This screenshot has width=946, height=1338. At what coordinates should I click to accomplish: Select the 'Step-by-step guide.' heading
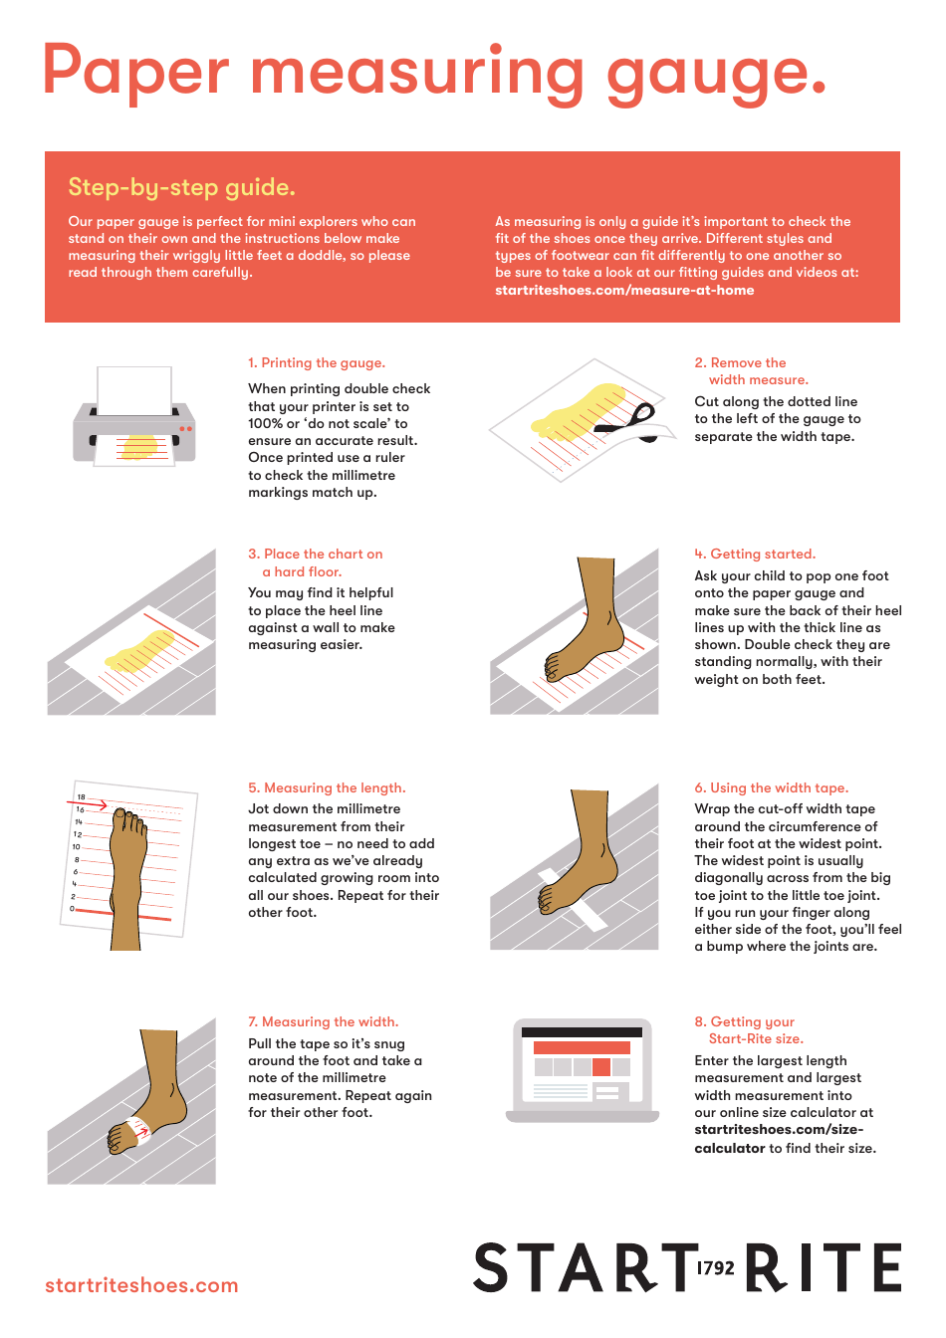[181, 187]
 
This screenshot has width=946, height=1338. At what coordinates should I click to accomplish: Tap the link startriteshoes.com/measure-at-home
[624, 291]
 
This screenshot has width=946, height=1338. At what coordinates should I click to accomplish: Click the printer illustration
[134, 419]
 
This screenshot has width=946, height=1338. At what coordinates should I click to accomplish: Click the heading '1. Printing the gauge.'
[317, 363]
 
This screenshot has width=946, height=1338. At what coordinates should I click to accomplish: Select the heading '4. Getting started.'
[755, 555]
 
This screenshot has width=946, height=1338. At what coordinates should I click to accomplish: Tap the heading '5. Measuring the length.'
[327, 788]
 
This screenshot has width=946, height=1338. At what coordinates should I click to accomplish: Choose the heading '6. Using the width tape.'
[772, 788]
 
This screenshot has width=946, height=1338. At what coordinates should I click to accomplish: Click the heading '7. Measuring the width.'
[323, 1022]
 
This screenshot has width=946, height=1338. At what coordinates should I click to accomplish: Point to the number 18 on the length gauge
[82, 797]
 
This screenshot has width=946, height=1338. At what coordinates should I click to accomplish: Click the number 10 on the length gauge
[76, 846]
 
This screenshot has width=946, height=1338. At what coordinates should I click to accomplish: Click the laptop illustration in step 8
[583, 1070]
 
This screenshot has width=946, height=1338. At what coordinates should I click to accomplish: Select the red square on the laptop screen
[601, 1067]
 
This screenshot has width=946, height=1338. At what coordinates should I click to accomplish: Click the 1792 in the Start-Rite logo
[715, 1268]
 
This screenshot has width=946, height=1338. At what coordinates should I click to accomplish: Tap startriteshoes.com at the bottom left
[141, 1285]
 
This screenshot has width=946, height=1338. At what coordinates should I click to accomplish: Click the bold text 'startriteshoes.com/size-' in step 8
[779, 1130]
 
